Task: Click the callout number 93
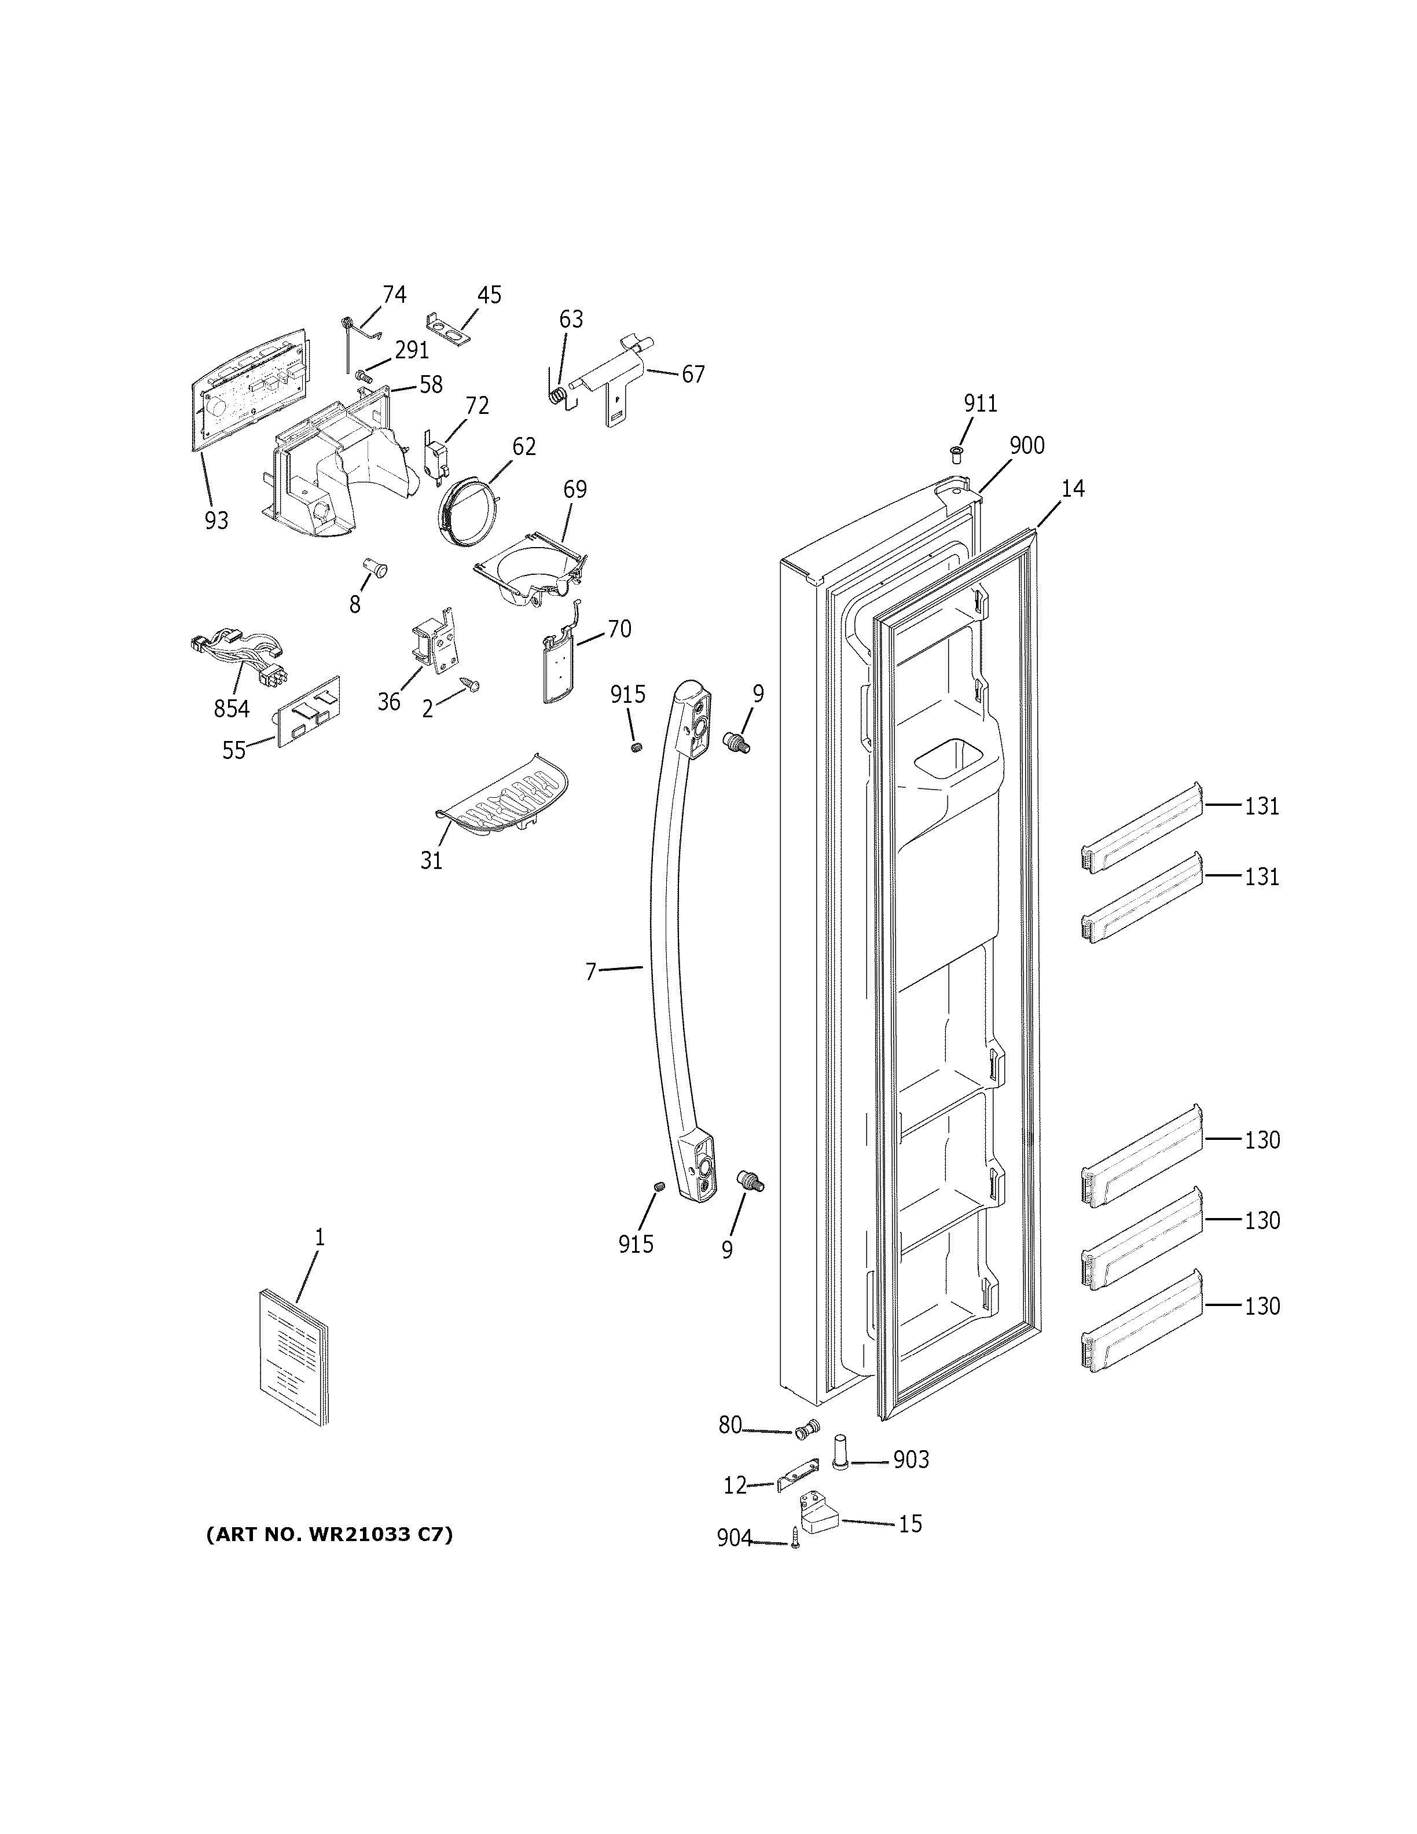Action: (216, 520)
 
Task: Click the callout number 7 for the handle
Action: (590, 971)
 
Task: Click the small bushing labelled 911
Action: (955, 454)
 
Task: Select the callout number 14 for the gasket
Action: (1072, 488)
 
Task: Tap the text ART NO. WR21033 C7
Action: (329, 1535)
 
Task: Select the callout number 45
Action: (489, 295)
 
